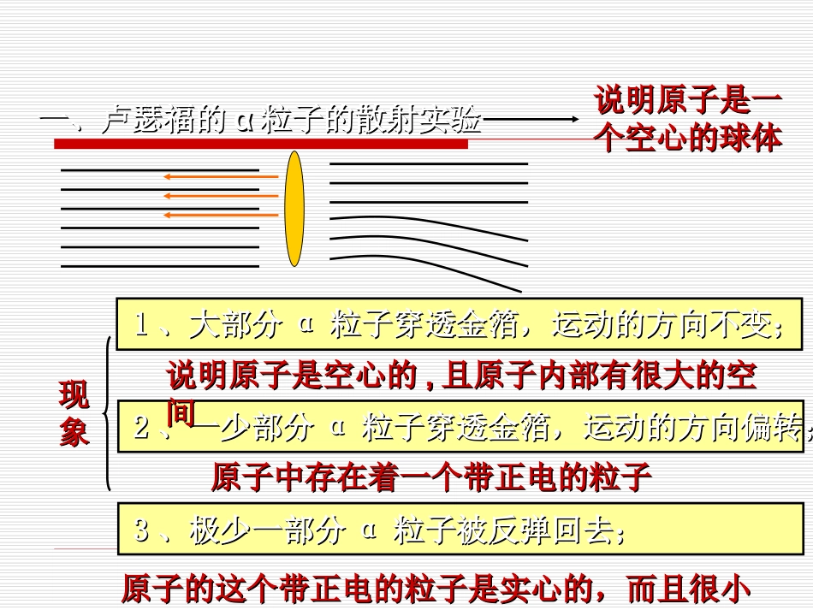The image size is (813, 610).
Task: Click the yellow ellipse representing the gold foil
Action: (x=294, y=209)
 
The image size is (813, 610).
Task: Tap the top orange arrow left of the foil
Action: (x=221, y=177)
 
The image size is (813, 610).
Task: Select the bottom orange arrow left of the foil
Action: (x=221, y=215)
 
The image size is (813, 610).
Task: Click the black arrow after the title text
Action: (x=531, y=121)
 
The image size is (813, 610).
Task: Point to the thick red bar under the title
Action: (x=261, y=144)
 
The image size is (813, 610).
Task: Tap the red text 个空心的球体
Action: (x=688, y=139)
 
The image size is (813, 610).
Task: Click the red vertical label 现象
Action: (x=74, y=415)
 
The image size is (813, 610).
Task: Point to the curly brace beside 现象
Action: (x=106, y=414)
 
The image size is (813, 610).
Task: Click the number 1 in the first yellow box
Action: (x=142, y=325)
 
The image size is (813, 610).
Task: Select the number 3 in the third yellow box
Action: (x=142, y=530)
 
